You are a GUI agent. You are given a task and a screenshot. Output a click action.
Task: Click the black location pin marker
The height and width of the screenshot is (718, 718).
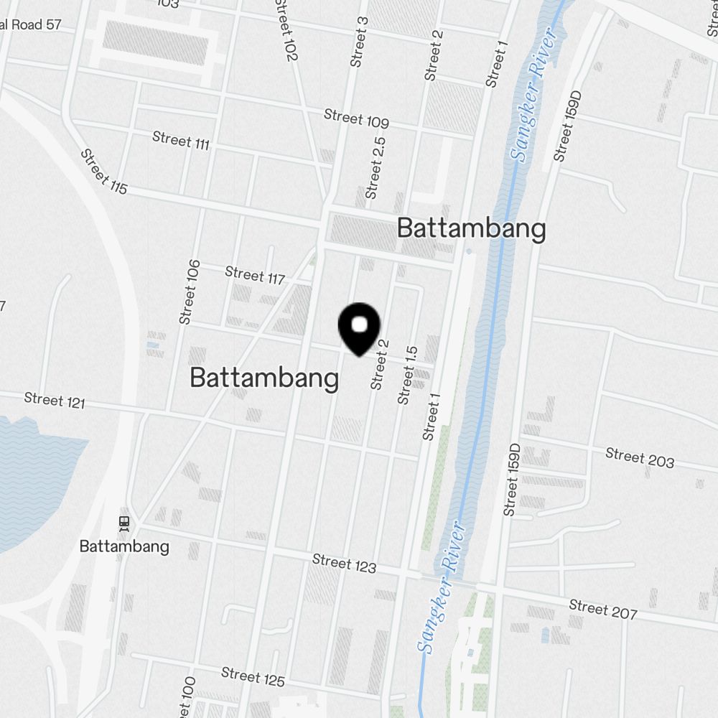358,328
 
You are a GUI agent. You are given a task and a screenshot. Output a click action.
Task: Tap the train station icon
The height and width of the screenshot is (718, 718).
124,522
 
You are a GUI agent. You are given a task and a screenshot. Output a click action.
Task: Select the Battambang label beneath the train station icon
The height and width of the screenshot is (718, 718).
124,546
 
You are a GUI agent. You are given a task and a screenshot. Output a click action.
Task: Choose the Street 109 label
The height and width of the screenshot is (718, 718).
356,118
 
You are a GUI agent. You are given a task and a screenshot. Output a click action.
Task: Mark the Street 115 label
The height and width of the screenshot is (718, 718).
104,172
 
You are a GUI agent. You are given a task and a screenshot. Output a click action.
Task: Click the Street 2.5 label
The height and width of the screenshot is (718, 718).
376,168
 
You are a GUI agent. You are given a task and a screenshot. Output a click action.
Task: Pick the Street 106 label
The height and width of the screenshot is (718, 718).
190,292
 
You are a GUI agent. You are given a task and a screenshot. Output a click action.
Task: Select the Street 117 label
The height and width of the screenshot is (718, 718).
255,274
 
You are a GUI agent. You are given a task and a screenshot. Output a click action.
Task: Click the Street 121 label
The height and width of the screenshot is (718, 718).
55,400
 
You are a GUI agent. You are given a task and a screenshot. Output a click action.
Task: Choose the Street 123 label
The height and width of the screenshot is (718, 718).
345,564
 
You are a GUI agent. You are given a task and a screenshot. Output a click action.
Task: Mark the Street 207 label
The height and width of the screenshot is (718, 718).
603,609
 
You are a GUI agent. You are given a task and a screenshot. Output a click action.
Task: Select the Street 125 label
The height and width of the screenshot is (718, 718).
253,677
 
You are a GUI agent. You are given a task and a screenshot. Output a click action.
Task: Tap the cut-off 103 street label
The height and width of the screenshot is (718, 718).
167,4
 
